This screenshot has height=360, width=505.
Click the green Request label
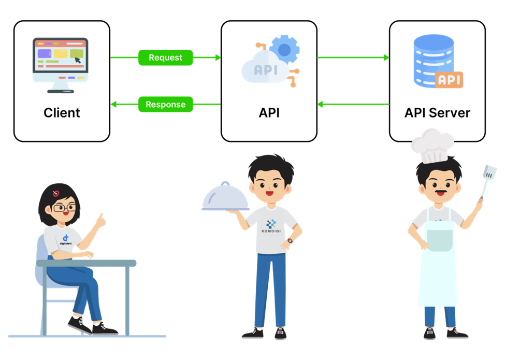(165, 57)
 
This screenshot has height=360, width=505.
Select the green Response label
(165, 104)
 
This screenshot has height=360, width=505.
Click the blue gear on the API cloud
(284, 49)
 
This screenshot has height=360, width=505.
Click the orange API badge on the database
(449, 80)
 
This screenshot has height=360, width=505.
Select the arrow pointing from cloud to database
(353, 57)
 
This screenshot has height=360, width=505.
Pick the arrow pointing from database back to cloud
(353, 104)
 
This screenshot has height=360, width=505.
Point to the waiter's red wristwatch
(290, 241)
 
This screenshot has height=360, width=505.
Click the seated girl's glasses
(64, 208)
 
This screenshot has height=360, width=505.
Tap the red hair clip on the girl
(56, 194)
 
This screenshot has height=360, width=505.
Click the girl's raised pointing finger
(102, 217)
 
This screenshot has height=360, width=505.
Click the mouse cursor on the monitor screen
(78, 60)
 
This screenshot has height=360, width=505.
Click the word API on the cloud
(265, 70)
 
